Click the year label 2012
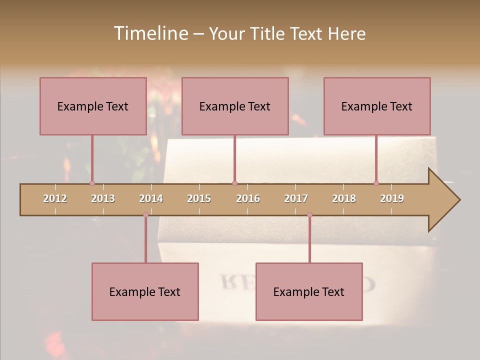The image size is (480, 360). click(55, 198)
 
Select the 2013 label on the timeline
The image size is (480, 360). click(103, 198)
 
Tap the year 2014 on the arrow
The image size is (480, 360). click(151, 198)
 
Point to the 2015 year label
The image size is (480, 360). click(199, 198)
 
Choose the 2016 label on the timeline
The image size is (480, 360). click(248, 198)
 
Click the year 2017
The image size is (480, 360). click(296, 198)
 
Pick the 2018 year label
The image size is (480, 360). click(344, 198)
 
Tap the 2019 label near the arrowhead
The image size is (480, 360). click(392, 198)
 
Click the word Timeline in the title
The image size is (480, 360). click(150, 33)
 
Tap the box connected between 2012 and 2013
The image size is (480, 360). click(93, 106)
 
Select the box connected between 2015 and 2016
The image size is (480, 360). click(235, 106)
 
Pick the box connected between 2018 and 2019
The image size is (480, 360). click(377, 106)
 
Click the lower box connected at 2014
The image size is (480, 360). click(145, 291)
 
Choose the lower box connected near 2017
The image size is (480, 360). click(309, 291)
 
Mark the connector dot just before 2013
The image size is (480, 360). click(92, 183)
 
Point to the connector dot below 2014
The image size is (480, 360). click(145, 215)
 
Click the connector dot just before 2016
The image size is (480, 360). click(234, 183)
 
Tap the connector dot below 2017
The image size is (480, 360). click(309, 215)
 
